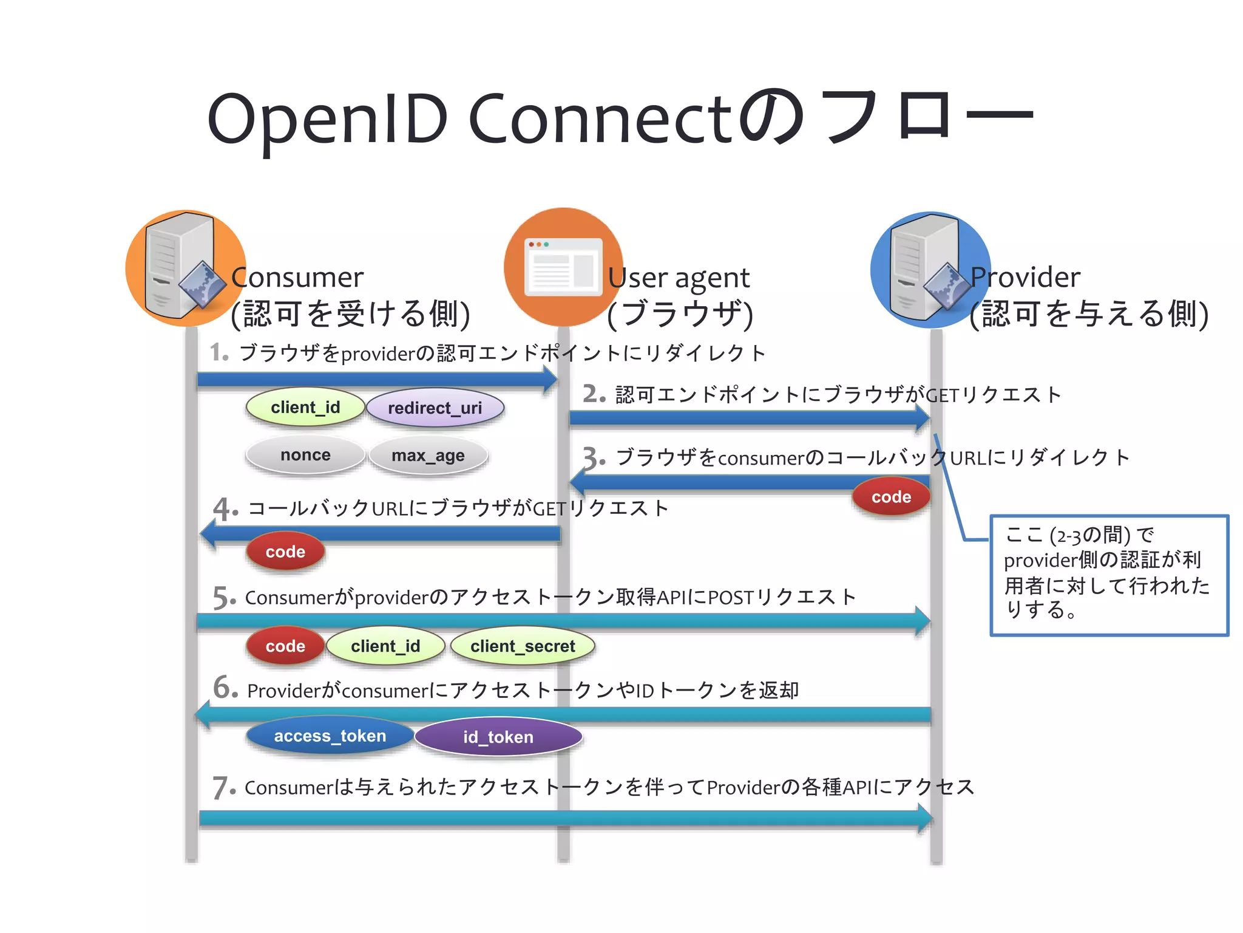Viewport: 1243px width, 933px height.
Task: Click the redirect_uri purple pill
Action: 435,408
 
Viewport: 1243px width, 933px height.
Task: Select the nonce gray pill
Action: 305,455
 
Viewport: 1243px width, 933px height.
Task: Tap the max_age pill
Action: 428,456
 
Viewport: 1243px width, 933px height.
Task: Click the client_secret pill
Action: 522,646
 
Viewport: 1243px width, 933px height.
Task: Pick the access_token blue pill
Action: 330,736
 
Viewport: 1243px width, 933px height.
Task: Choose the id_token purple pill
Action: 498,737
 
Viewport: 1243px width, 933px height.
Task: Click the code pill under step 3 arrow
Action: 891,497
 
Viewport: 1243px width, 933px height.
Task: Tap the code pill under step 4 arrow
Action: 285,552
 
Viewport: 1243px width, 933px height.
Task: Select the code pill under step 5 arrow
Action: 285,646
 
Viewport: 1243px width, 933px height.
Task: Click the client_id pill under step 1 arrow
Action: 305,407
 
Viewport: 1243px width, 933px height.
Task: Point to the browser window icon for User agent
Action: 563,267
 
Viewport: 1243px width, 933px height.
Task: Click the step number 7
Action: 222,788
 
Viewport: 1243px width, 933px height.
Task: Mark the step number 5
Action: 222,598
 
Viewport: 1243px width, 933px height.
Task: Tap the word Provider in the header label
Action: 1025,277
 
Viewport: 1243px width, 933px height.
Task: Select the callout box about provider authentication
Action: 1109,575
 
